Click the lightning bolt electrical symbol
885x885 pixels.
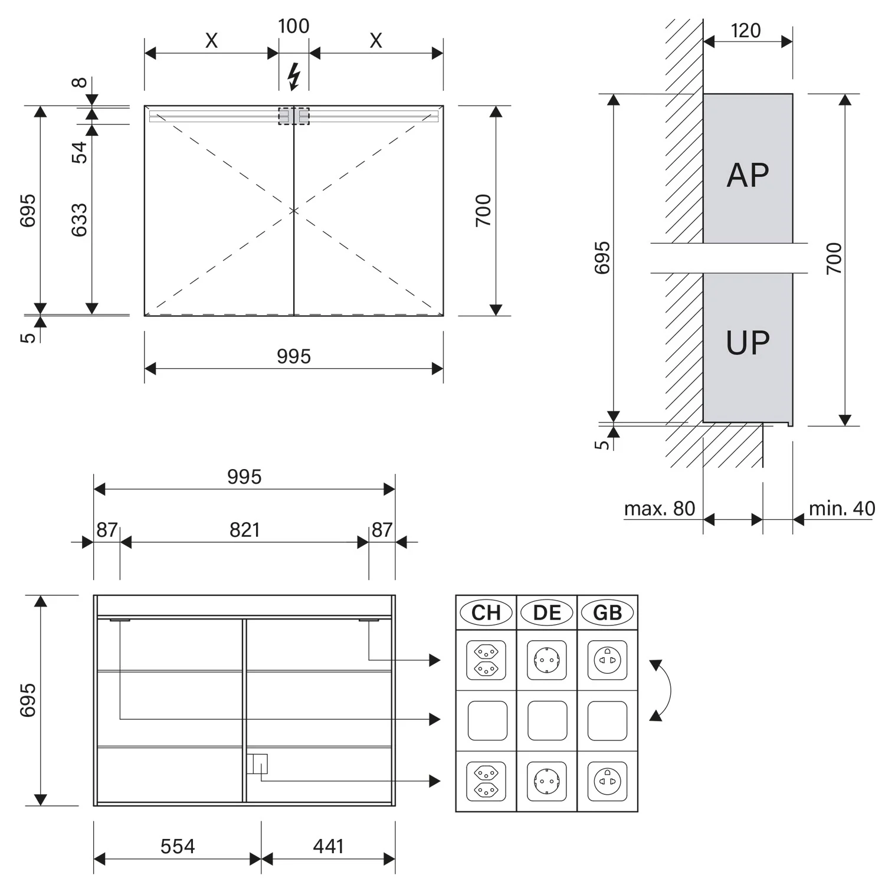[293, 77]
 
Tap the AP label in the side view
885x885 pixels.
[748, 175]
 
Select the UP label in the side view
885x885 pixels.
[748, 343]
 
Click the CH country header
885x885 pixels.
[486, 612]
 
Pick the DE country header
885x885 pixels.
[547, 612]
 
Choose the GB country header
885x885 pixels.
[608, 612]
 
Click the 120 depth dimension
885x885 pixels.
[746, 31]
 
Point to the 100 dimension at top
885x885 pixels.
[293, 26]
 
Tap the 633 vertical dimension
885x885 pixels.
[79, 220]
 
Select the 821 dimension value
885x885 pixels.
[244, 530]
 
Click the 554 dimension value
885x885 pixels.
[178, 847]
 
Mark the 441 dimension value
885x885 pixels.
[328, 847]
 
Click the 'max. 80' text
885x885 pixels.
[660, 509]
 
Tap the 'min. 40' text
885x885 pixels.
[841, 509]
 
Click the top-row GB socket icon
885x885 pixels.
[608, 660]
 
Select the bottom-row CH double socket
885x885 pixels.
[486, 781]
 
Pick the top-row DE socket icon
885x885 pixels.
[547, 660]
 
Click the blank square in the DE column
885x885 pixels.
[547, 720]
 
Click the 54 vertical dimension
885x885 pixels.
[79, 152]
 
